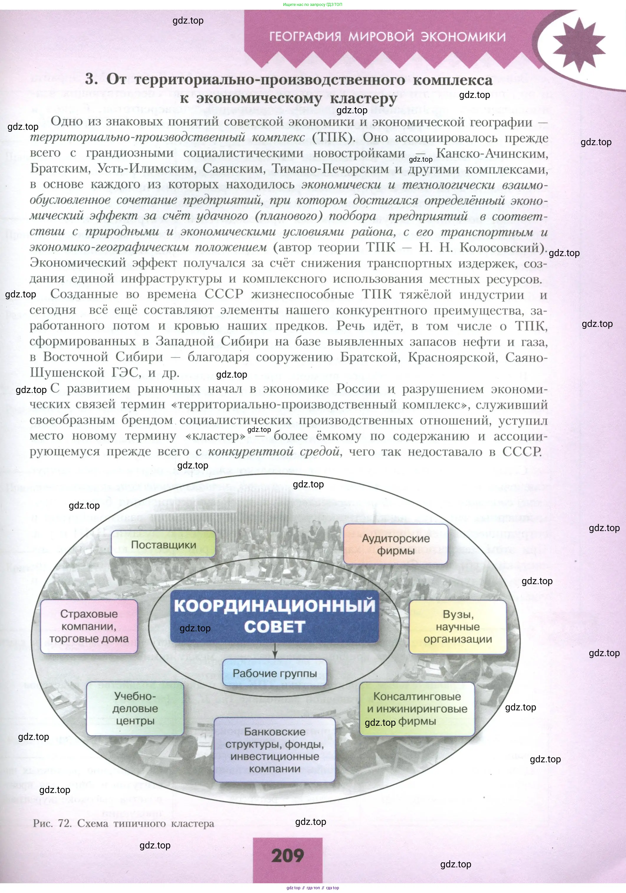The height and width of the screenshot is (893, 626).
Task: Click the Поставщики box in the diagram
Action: [163, 544]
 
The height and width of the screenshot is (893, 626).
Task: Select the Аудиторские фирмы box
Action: [395, 544]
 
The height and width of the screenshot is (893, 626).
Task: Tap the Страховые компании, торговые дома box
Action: [89, 626]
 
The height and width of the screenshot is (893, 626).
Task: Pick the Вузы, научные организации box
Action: [458, 627]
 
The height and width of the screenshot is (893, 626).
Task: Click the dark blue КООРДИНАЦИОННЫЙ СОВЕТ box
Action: [275, 616]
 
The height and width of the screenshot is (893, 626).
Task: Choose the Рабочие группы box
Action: [275, 673]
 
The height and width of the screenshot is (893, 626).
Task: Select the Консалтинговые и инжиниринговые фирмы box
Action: [417, 709]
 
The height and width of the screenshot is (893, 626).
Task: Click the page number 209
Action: [288, 855]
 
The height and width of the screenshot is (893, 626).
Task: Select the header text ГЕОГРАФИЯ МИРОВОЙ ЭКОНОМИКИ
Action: [387, 37]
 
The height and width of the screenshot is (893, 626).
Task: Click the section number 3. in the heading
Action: [92, 79]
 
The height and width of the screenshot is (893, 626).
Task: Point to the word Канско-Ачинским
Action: [492, 153]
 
